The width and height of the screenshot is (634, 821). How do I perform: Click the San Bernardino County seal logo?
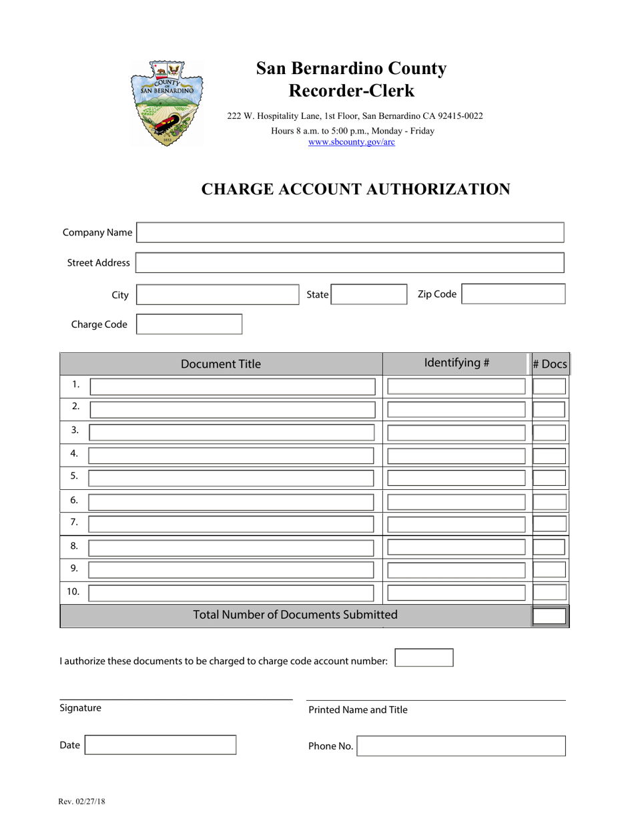[x=167, y=103]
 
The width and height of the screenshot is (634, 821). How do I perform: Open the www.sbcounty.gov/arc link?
[x=351, y=142]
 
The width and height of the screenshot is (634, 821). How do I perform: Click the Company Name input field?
[x=350, y=232]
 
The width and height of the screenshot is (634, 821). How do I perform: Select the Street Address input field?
[x=350, y=262]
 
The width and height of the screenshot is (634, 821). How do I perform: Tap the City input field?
[x=218, y=294]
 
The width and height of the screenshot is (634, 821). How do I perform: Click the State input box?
[x=369, y=294]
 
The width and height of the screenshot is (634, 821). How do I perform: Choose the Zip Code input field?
[x=513, y=294]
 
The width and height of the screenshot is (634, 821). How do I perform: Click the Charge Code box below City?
[x=190, y=324]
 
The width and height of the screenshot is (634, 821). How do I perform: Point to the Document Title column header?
[x=221, y=364]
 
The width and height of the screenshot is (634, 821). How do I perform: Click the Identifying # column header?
[x=456, y=363]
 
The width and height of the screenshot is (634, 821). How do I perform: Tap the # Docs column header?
[x=550, y=364]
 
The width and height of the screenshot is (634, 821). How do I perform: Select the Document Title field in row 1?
[x=232, y=386]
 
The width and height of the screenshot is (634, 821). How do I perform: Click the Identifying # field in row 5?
[x=456, y=478]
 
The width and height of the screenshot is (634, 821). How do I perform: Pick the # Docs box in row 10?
[x=550, y=592]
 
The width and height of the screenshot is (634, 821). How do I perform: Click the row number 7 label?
[x=74, y=522]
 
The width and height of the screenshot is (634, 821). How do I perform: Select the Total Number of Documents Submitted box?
[x=550, y=615]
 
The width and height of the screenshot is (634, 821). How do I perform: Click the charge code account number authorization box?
[x=424, y=658]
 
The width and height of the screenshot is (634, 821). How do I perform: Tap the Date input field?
[x=161, y=745]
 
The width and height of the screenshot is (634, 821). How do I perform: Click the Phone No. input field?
[x=461, y=746]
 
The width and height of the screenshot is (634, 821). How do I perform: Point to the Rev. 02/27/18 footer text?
[x=82, y=800]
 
